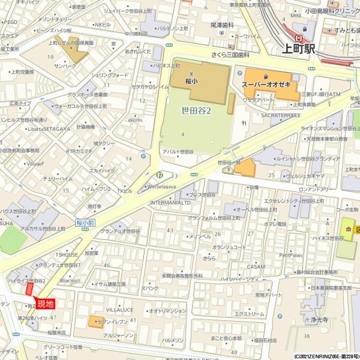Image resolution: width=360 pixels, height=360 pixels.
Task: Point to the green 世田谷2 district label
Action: (196, 111)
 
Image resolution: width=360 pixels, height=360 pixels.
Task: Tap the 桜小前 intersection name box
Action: (86, 223)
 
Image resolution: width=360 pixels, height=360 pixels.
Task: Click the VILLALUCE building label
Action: (119, 310)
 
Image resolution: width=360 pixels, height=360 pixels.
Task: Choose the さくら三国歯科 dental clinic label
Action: (230, 55)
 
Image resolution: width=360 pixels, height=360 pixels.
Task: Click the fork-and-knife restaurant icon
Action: (243, 123)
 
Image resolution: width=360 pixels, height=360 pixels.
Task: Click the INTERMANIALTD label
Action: (170, 203)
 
